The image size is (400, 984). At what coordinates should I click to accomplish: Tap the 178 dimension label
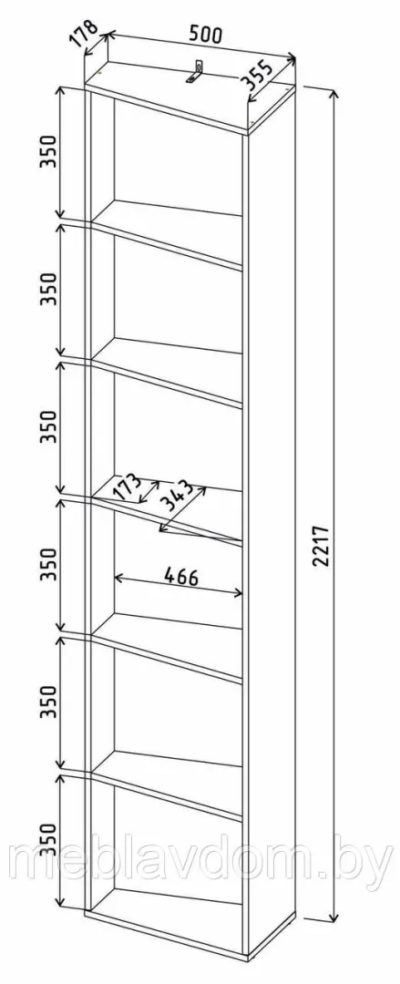pos(84,34)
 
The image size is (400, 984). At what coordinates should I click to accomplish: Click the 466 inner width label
pos(180,576)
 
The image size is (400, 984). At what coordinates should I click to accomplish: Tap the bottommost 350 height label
pos(49,840)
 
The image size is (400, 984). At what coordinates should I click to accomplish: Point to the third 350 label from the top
pos(49,427)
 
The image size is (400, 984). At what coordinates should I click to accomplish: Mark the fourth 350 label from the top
pos(49,564)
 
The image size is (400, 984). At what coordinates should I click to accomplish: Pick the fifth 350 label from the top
pos(49,702)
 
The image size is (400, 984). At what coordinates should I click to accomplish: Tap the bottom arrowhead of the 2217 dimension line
pos(331,916)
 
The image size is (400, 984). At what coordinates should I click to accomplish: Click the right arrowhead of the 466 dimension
pos(238,592)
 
